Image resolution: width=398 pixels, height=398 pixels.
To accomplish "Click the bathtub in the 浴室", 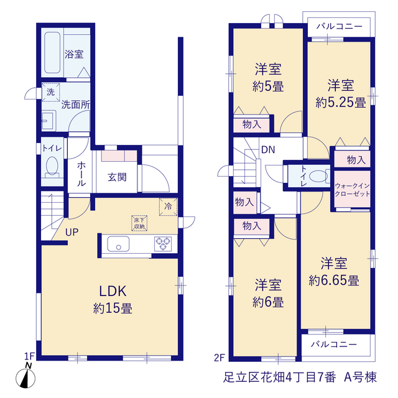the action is [x=52, y=52].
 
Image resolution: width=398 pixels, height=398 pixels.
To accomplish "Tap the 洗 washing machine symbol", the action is [x=51, y=92].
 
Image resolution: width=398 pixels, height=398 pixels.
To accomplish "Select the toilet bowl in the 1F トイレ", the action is [x=52, y=165].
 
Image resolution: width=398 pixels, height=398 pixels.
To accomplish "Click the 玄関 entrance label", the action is [x=117, y=177].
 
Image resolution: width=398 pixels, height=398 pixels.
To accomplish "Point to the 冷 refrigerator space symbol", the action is [x=168, y=206].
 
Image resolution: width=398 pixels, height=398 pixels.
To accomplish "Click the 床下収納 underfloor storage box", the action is [x=139, y=223].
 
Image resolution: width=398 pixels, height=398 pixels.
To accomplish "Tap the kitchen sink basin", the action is [x=118, y=244].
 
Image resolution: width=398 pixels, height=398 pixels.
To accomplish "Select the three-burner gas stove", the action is [x=163, y=244].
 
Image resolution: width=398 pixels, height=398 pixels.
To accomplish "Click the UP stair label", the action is [x=72, y=232].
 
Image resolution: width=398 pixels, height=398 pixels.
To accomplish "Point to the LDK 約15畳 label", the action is [x=113, y=300].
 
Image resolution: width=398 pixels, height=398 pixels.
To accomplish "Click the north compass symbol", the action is [x=25, y=376].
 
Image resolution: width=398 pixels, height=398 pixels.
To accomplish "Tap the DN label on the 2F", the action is [x=268, y=150].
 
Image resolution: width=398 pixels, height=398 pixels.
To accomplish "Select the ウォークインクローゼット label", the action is [x=353, y=190].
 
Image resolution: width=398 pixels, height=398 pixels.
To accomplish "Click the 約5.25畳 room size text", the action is [x=341, y=103].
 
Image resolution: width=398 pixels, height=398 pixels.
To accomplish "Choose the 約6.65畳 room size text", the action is [x=334, y=280].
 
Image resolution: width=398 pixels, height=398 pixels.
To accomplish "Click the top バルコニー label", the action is [x=339, y=26].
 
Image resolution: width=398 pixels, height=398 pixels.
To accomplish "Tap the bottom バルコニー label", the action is [x=334, y=345].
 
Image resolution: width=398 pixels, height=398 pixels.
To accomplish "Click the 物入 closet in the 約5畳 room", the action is [x=251, y=124].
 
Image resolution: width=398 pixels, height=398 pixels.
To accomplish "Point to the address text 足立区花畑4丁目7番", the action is [x=280, y=377].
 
